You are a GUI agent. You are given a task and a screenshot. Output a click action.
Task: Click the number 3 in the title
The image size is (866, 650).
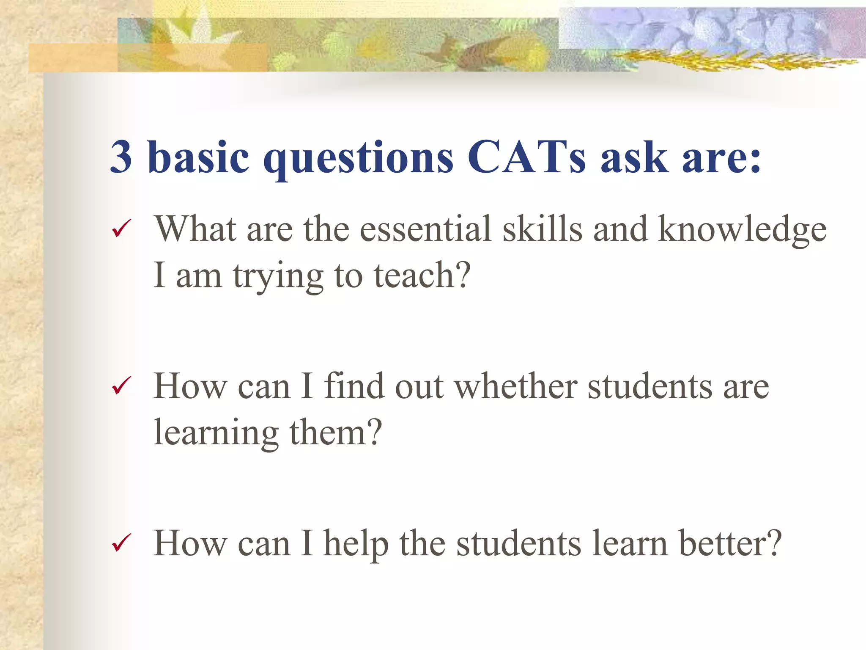coord(121,157)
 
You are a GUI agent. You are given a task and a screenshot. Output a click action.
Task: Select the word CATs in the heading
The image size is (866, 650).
coord(526,157)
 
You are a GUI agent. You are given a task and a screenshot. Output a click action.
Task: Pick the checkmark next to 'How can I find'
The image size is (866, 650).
coord(121,386)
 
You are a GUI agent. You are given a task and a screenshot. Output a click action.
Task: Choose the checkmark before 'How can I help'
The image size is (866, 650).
coord(121,543)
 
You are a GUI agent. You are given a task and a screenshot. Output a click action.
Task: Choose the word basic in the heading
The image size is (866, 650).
coord(198,157)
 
